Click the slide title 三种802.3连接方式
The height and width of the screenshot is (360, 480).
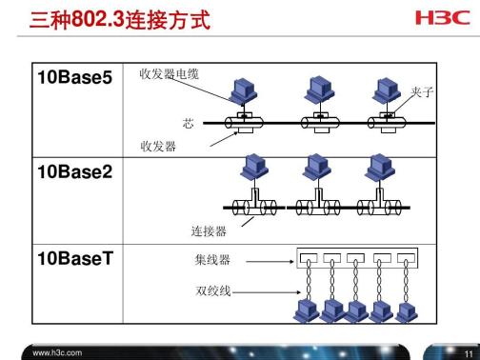click(x=121, y=19)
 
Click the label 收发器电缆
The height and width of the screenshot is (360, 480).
click(x=170, y=74)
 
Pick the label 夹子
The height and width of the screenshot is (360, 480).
click(x=423, y=93)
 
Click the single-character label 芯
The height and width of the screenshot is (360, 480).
click(x=188, y=124)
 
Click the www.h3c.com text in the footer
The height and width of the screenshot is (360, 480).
click(x=56, y=351)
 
